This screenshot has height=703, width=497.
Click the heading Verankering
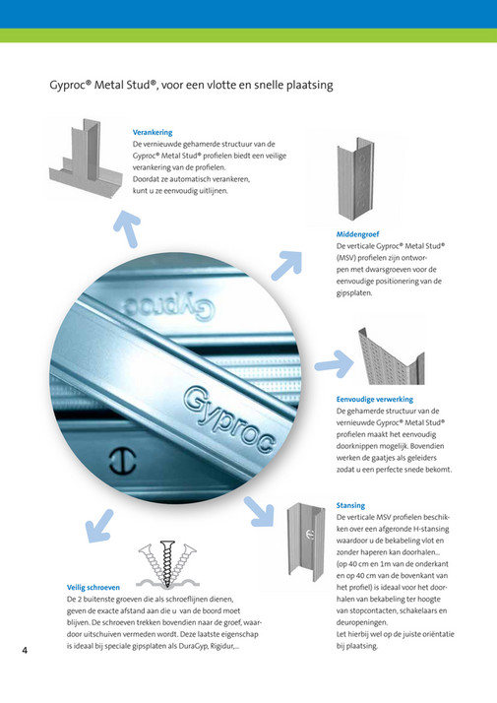tap(154, 132)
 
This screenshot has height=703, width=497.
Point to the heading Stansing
tap(350, 505)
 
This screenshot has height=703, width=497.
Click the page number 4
tap(25, 650)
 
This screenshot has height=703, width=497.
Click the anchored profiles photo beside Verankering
tap(87, 158)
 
